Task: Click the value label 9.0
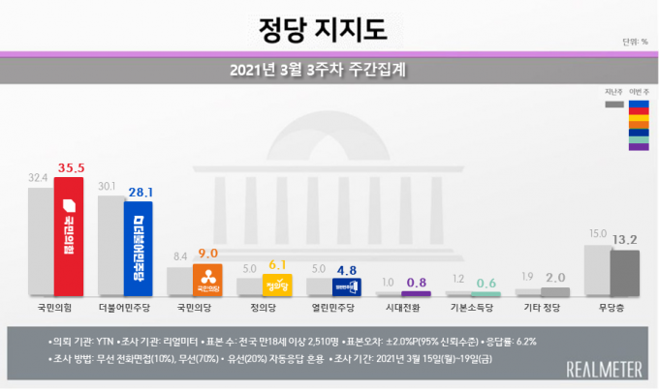point(209,255)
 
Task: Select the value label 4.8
point(348,270)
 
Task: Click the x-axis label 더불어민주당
point(124,313)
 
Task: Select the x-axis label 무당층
point(612,313)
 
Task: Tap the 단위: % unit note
point(635,42)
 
